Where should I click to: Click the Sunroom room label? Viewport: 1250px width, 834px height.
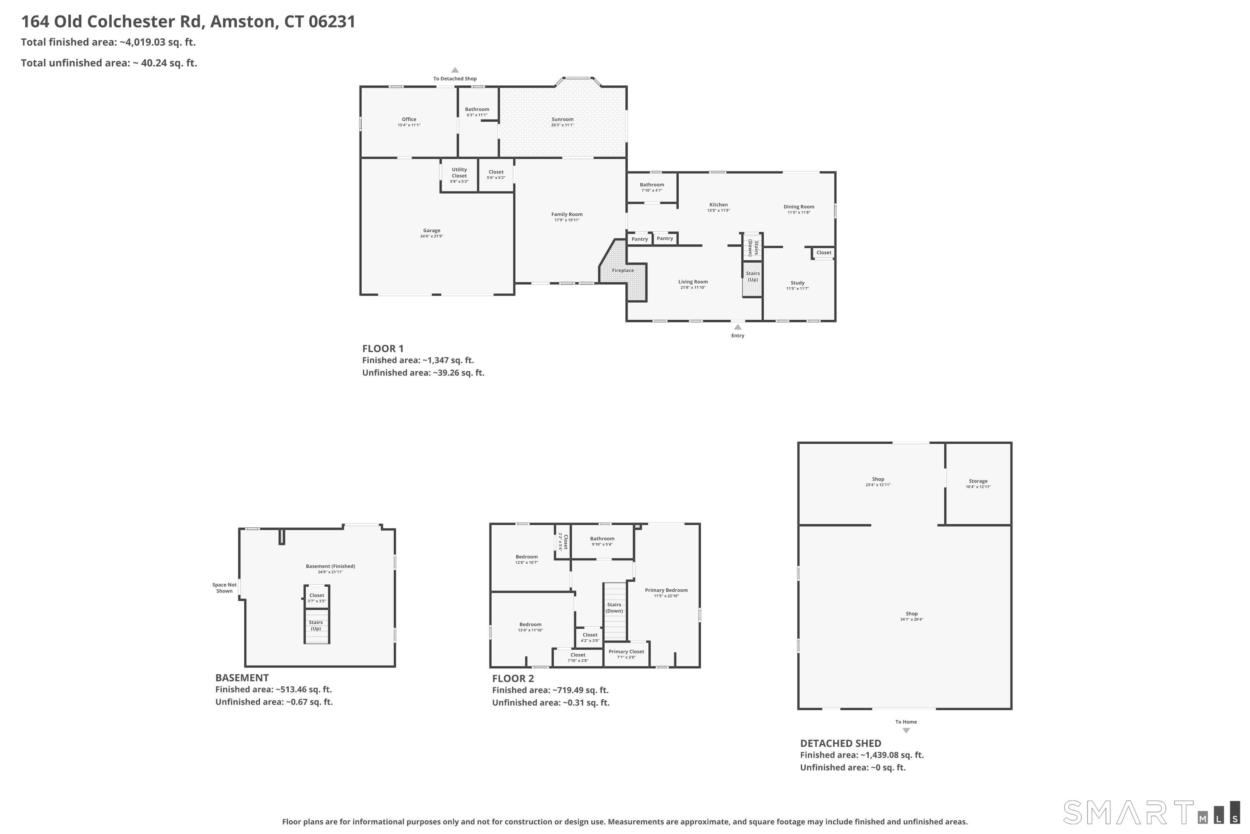pos(562,120)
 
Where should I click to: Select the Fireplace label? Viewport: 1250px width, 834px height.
pos(623,270)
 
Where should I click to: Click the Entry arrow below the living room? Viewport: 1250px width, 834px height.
pos(737,327)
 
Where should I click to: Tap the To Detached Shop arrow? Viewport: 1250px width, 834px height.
pos(455,70)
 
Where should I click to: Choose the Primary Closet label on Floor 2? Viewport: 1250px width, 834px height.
pos(626,651)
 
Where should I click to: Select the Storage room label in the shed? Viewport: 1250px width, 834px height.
pos(978,481)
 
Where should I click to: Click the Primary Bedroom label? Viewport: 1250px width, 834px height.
pos(666,590)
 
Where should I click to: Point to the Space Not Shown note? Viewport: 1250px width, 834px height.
pos(224,588)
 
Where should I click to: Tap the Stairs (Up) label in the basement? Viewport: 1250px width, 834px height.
pos(316,625)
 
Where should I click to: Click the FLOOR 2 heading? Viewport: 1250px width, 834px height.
pos(513,678)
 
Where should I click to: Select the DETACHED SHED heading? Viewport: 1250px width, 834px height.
pos(841,743)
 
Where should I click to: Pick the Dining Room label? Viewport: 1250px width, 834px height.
pos(799,207)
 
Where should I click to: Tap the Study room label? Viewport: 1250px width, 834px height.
pos(797,283)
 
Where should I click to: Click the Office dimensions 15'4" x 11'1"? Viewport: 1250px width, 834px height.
pos(409,125)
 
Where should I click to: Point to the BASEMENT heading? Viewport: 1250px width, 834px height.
pos(242,678)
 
